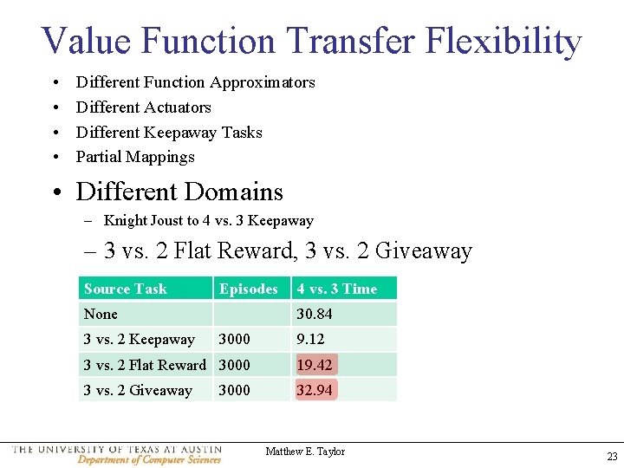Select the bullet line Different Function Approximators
click(x=195, y=82)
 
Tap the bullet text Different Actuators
click(x=143, y=107)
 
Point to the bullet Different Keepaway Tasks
click(x=169, y=133)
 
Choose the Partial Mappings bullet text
click(x=135, y=157)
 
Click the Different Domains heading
click(x=179, y=192)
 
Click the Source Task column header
click(x=126, y=289)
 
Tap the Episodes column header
click(x=249, y=289)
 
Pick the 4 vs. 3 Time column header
click(x=337, y=289)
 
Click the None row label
click(x=101, y=314)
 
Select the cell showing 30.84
click(x=315, y=314)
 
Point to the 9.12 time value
click(x=311, y=339)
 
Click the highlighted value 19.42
click(x=315, y=365)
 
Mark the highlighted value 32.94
click(x=315, y=390)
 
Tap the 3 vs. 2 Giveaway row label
click(x=138, y=390)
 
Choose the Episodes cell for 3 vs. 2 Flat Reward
click(x=234, y=365)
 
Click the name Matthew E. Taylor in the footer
click(x=305, y=452)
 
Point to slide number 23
click(x=612, y=457)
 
